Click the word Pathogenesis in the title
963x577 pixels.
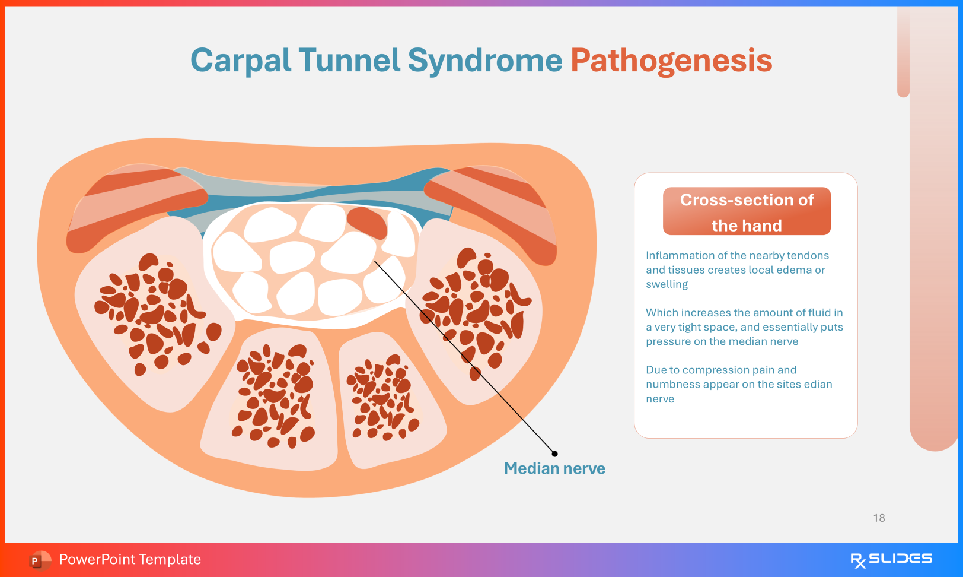click(x=671, y=61)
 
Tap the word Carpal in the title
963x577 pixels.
click(x=241, y=61)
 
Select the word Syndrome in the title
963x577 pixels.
click(x=485, y=61)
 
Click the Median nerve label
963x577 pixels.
click(x=554, y=468)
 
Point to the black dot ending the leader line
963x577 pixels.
click(x=554, y=454)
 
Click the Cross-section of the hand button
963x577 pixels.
click(x=747, y=211)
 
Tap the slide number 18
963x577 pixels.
click(x=879, y=518)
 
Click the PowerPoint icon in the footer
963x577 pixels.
click(x=40, y=560)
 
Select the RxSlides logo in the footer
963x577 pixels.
click(x=891, y=560)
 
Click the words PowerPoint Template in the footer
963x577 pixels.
click(x=130, y=559)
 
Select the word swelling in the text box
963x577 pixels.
click(x=667, y=284)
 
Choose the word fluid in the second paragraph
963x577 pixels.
click(x=812, y=313)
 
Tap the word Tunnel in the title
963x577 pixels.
click(x=349, y=61)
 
